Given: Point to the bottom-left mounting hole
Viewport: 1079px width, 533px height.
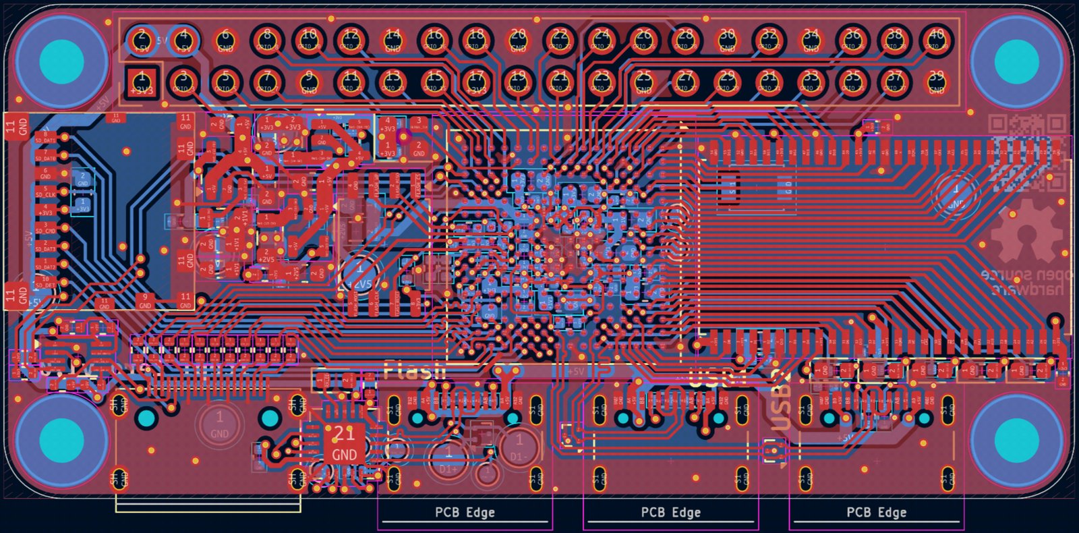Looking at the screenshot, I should coord(61,440).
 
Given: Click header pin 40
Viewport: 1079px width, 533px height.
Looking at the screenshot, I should coord(937,40).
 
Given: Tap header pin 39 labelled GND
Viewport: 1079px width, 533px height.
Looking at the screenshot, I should coord(937,82).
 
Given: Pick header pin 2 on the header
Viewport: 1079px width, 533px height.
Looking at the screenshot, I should coord(142,40).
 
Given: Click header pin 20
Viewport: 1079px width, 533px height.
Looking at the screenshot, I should coord(518,40).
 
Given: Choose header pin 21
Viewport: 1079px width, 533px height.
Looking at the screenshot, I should coord(560,82).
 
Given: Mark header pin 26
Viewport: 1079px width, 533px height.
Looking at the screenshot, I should coord(643,40).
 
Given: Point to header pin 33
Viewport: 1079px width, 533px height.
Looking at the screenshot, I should coord(811,82).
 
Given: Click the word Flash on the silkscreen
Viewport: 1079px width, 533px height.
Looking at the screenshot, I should coord(415,370).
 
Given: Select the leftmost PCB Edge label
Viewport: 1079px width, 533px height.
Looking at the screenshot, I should coord(465,513).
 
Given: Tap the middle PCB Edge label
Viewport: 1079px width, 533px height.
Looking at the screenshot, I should coord(670,513).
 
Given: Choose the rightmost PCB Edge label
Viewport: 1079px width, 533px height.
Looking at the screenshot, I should coord(876,513).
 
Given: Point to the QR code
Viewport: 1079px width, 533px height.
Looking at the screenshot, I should coord(1019,145).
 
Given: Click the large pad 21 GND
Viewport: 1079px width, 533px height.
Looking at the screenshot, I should coord(344,443).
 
